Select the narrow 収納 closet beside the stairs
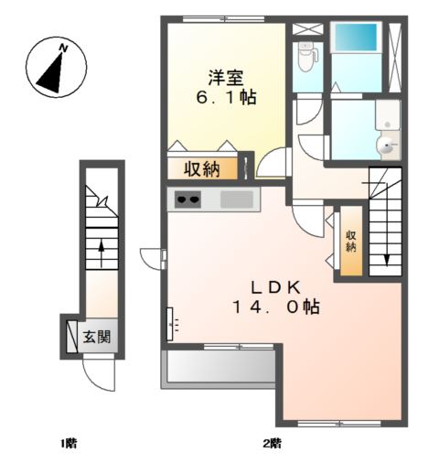pyautogui.click(x=350, y=241)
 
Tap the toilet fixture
pyautogui.click(x=307, y=58)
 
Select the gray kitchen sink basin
pyautogui.click(x=236, y=199)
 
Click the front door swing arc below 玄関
pyautogui.click(x=97, y=373)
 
